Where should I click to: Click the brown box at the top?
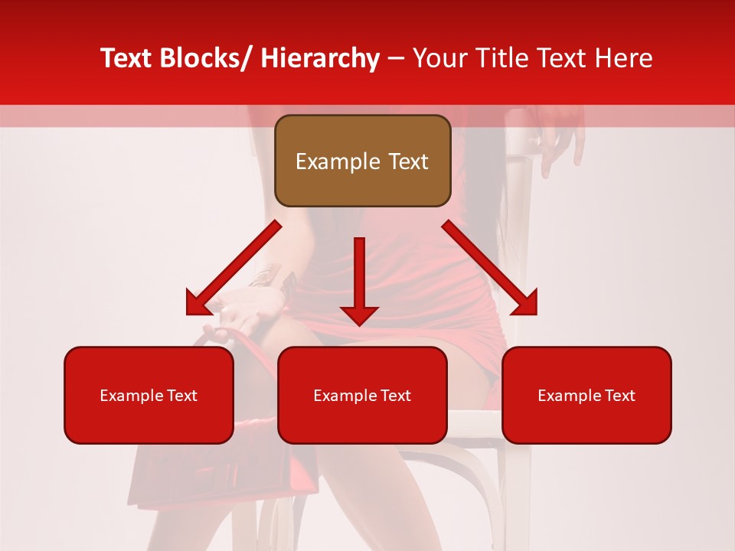pos(362,161)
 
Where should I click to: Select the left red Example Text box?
pos(149,395)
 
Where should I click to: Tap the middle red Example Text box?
pos(362,395)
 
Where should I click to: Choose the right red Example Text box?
pos(586,395)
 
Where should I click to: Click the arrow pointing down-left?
pos(234,268)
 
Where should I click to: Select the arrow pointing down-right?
pos(490,268)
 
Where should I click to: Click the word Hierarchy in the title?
pos(320,58)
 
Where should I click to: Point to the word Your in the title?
pos(439,58)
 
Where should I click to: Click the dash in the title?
pos(396,58)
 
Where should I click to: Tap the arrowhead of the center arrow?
pos(359,314)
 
